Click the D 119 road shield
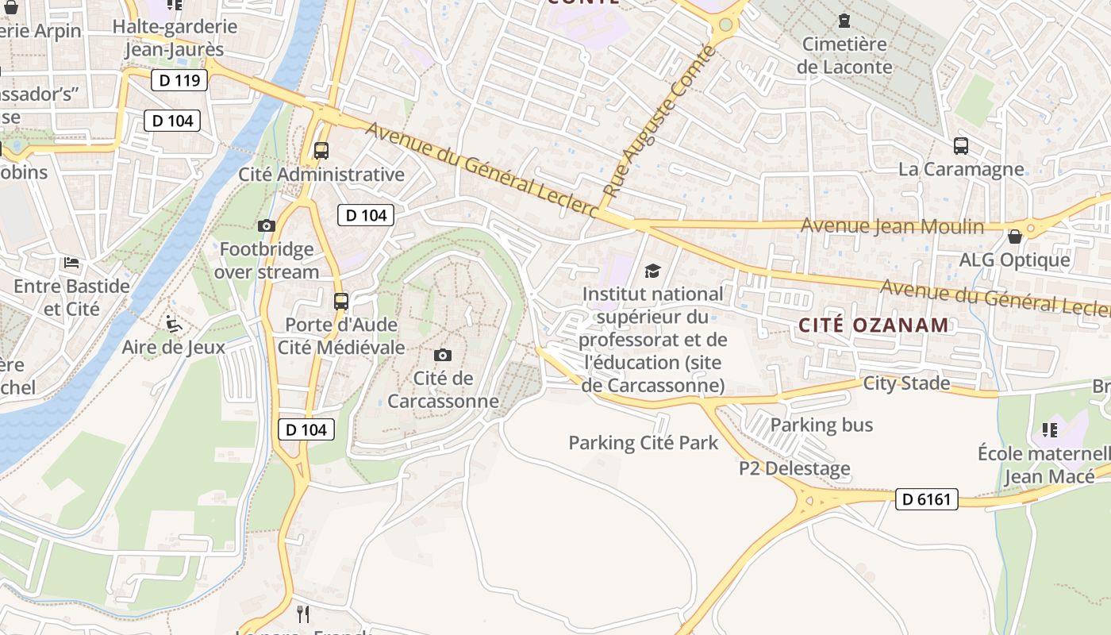point(179,79)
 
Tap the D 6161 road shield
point(927,499)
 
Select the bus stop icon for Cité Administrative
point(321,150)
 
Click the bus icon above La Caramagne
point(961,146)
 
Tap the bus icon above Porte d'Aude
point(341,301)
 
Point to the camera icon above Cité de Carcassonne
point(443,355)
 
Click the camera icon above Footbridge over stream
point(267,226)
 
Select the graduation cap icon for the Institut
point(652,271)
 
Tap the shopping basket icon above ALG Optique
point(1014,237)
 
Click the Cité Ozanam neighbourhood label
point(873,325)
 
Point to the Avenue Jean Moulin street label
point(892,226)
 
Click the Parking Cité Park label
point(643,443)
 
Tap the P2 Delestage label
point(794,468)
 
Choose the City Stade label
point(906,383)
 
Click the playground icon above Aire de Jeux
point(173,323)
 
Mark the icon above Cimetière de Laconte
point(844,20)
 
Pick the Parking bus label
point(821,425)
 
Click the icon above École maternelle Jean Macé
point(1050,430)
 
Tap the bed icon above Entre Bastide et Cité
point(71,262)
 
